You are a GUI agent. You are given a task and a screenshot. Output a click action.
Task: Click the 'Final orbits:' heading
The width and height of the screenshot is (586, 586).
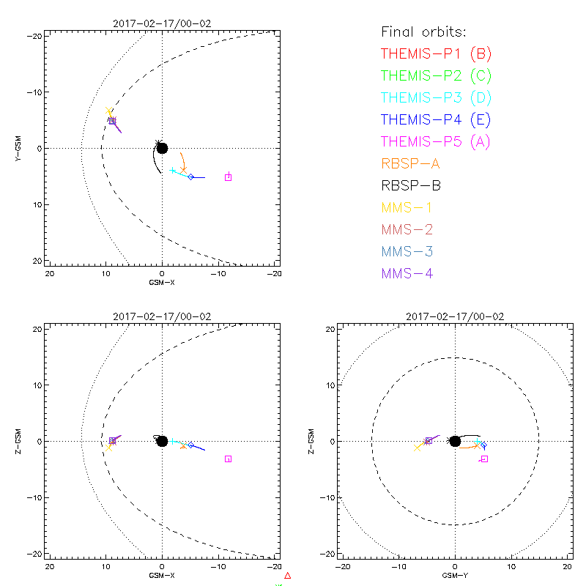point(424,31)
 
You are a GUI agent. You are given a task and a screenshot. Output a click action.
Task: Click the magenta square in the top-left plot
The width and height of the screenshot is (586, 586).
point(229,177)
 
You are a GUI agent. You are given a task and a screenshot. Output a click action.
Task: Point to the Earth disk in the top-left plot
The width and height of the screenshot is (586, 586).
point(162,148)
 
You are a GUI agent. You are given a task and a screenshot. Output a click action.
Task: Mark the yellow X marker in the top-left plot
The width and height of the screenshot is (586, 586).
point(109,111)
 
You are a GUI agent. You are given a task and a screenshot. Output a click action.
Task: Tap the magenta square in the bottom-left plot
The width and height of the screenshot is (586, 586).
point(229,459)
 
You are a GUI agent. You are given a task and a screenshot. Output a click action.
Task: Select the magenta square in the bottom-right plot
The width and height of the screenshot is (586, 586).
point(484,459)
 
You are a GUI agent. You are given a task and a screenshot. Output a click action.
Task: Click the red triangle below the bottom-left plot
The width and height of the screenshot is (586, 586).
point(288,576)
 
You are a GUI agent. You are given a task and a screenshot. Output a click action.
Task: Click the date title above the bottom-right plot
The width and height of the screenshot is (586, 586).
point(455,316)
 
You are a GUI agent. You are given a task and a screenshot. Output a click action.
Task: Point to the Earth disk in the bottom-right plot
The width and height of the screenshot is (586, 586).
point(455,441)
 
